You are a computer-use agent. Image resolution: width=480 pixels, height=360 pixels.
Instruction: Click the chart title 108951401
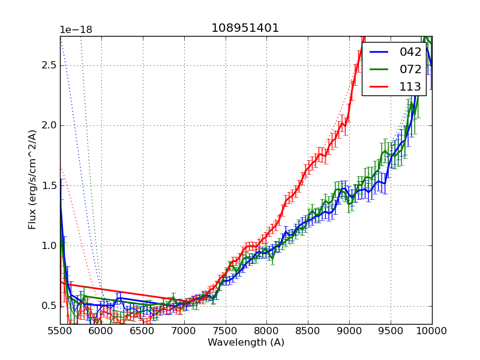(245, 28)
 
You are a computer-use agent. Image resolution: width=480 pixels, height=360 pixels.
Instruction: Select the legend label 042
(410, 52)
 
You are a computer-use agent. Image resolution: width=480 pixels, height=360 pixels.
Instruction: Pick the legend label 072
(410, 69)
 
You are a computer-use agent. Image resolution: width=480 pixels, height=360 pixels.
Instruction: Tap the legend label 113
(410, 86)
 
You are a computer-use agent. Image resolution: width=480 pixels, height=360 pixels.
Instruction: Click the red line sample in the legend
(379, 87)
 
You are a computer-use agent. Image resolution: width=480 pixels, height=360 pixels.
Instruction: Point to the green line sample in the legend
(379, 70)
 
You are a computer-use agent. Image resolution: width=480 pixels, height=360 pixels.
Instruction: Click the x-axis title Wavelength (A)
(246, 343)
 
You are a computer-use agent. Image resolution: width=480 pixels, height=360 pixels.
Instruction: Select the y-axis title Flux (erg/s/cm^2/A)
(32, 179)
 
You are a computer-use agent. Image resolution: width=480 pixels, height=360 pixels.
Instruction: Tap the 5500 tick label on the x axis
(60, 331)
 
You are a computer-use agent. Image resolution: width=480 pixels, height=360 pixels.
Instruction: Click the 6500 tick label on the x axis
(143, 331)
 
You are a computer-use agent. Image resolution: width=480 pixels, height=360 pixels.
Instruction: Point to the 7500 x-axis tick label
(226, 331)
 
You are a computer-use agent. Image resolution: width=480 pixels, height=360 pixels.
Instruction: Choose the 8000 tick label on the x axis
(267, 331)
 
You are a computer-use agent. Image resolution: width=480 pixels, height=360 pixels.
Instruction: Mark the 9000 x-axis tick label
(350, 331)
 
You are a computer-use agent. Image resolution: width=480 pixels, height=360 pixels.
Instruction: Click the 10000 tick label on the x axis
(431, 331)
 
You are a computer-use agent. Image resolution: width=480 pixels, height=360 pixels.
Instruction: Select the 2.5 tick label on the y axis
(49, 65)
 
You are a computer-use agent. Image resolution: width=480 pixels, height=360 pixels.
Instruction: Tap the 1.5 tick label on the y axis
(49, 185)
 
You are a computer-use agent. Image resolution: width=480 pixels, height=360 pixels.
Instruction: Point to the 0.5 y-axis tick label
(49, 305)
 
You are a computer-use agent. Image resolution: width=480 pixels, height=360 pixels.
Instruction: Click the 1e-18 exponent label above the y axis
(76, 30)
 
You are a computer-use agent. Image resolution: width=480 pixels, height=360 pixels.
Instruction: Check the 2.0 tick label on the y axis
(49, 125)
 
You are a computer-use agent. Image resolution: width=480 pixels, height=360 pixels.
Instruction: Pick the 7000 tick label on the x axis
(184, 331)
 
